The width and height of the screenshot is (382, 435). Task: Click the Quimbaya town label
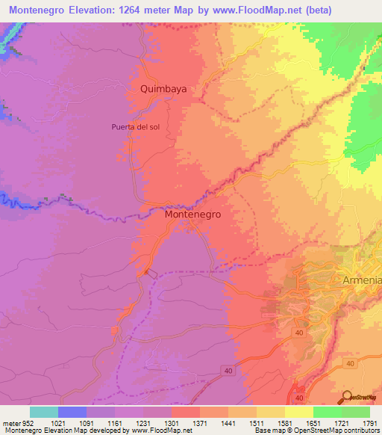tap(163, 88)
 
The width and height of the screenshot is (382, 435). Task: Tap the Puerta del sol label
tap(135, 127)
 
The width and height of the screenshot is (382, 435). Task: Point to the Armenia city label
tap(361, 280)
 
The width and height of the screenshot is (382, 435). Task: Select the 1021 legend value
tap(58, 422)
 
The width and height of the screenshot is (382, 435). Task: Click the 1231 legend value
tap(143, 422)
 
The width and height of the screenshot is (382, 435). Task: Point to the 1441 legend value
tap(228, 422)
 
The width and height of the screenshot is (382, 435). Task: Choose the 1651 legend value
tap(313, 422)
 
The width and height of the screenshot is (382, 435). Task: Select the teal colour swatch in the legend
tap(44, 412)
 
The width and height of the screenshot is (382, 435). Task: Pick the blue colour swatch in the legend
tap(72, 412)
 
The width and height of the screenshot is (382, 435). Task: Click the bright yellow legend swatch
tap(299, 412)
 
